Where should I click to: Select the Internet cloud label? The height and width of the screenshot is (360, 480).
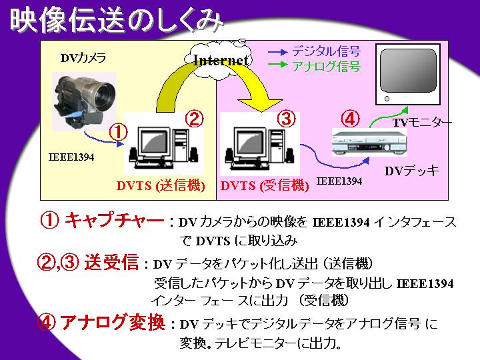(x=221, y=59)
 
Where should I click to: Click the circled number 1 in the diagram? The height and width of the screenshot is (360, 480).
(x=117, y=131)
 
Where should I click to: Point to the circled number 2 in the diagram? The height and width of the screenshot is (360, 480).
(x=193, y=119)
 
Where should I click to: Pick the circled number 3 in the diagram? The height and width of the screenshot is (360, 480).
(x=285, y=119)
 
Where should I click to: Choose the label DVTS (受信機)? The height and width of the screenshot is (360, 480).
(x=265, y=186)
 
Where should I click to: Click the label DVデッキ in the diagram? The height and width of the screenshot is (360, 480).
(x=411, y=171)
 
